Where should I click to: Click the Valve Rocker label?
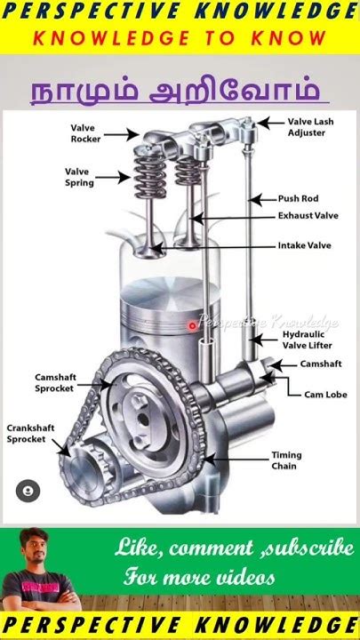(85, 133)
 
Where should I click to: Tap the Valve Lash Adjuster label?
(310, 127)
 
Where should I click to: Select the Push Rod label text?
(299, 199)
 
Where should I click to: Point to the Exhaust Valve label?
(308, 215)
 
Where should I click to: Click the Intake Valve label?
(305, 245)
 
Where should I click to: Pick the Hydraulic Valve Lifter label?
(308, 340)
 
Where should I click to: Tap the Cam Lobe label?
(325, 395)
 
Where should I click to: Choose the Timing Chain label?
(286, 460)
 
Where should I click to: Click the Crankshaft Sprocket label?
(30, 434)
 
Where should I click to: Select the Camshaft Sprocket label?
(55, 383)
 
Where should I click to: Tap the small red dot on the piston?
(192, 325)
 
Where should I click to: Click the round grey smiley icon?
(28, 491)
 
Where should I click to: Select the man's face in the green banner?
(34, 545)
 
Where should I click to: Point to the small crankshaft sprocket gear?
(88, 469)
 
